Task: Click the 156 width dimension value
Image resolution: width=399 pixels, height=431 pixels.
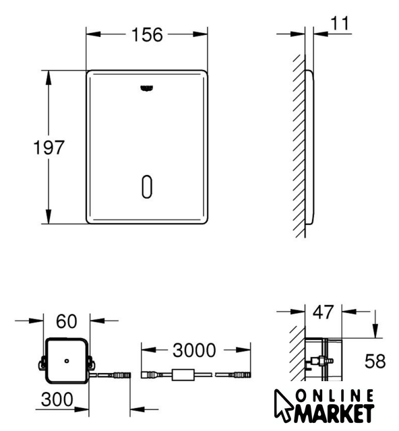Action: [x=147, y=35]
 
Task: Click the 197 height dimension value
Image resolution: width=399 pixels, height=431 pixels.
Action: [x=49, y=147]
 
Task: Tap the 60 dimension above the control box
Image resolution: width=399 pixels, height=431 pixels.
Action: [x=67, y=321]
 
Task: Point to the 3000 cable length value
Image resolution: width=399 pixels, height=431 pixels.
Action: [x=194, y=350]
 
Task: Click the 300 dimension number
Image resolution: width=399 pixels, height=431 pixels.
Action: [x=57, y=399]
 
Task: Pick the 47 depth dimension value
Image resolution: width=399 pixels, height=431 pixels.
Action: [x=324, y=312]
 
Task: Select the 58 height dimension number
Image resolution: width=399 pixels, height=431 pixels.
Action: [x=375, y=361]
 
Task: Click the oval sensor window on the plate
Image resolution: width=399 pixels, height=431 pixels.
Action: [x=147, y=187]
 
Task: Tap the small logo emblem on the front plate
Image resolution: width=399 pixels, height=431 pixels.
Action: [x=147, y=88]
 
